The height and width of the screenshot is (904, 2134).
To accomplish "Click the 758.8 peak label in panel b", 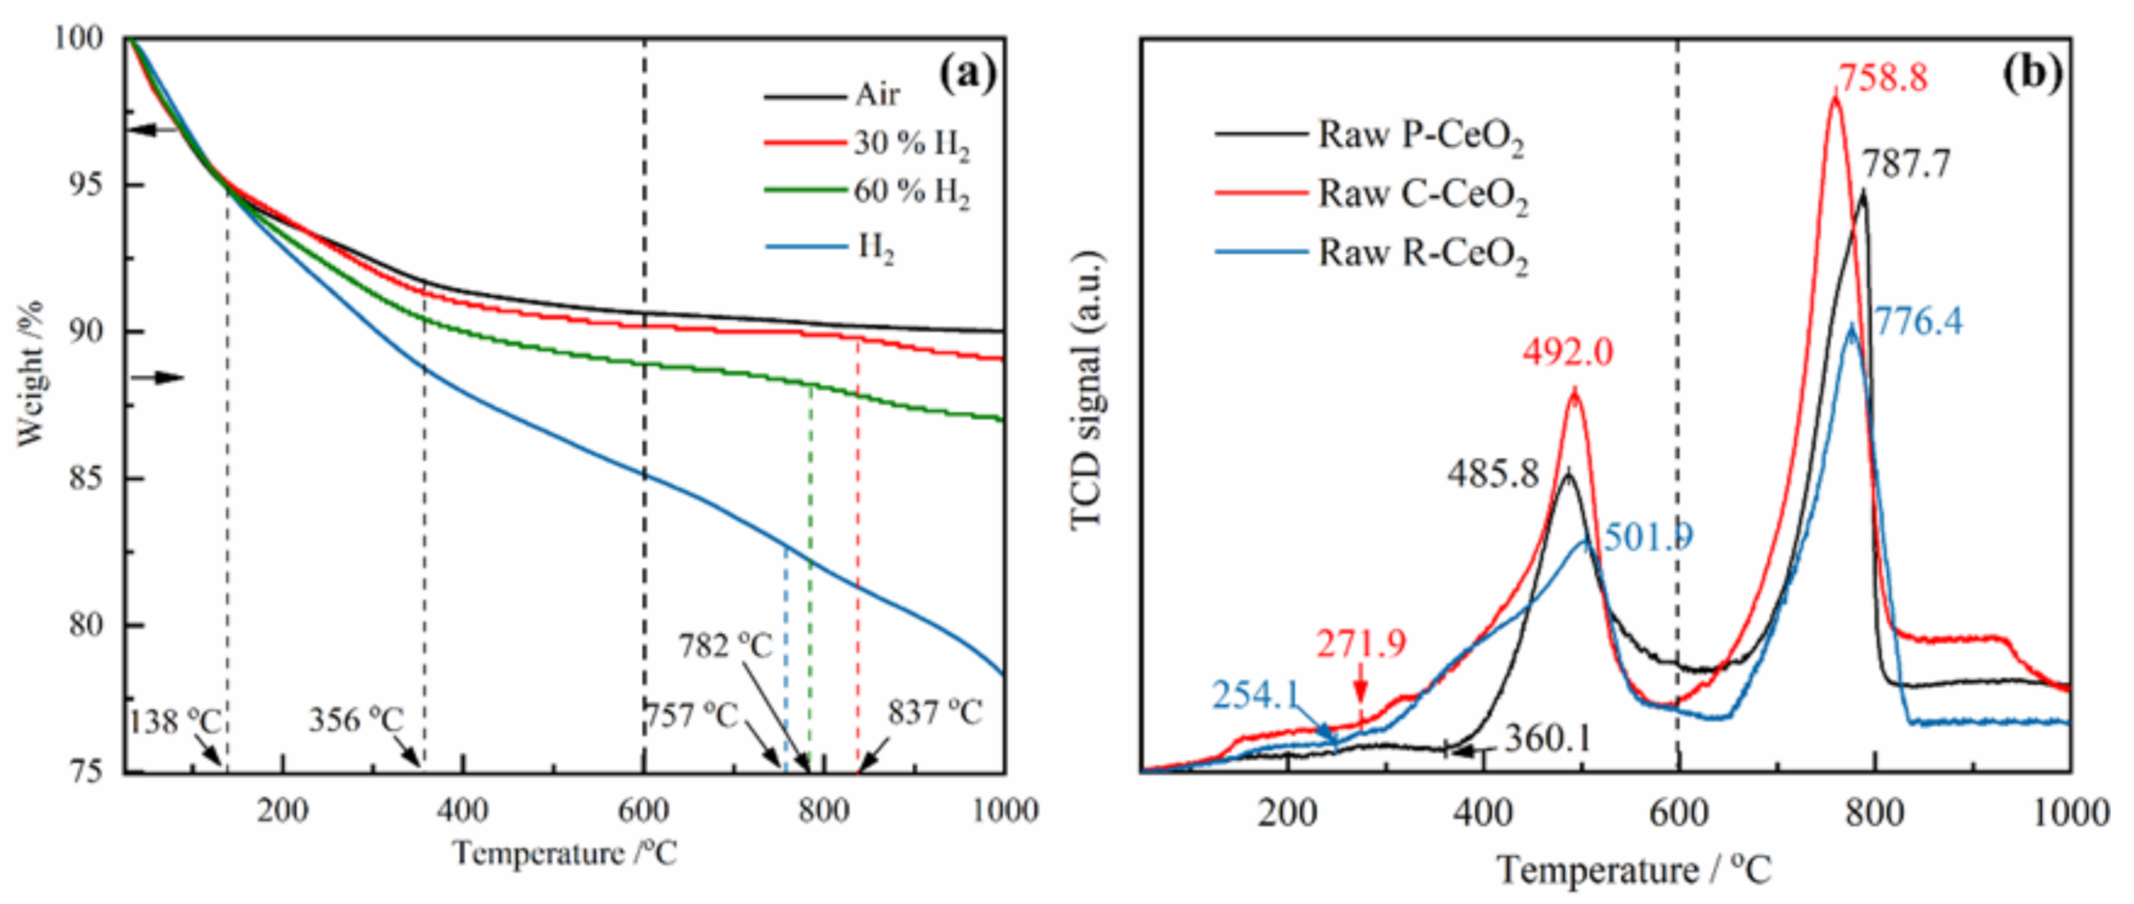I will point(1881,78).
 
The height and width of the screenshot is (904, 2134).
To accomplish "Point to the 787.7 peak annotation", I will point(1906,164).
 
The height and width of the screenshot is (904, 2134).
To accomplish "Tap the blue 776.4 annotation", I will point(1918,321).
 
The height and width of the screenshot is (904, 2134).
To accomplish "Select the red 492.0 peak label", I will point(1567,353).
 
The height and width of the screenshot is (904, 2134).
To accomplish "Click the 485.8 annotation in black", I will point(1493,473).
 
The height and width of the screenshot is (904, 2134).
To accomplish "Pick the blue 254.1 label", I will point(1255,694).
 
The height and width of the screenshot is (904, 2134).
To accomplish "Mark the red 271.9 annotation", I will point(1360,644).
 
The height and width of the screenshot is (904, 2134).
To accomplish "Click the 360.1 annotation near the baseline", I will point(1547,738).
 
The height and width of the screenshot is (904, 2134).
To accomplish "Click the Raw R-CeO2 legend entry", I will point(1420,254).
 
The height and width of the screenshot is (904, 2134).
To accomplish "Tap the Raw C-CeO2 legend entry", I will point(1420,194).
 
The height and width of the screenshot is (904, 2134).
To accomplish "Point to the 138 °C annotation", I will point(176,721).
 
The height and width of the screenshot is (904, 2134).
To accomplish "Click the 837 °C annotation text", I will point(934,713).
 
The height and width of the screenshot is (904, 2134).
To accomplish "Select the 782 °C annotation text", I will point(725,646).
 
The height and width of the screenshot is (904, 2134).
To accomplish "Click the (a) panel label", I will point(967,72).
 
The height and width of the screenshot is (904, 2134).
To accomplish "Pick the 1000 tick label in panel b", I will point(2071,814).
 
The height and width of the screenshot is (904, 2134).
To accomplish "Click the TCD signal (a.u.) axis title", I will point(1087,389).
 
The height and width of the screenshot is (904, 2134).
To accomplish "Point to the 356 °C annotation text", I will point(355,720).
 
